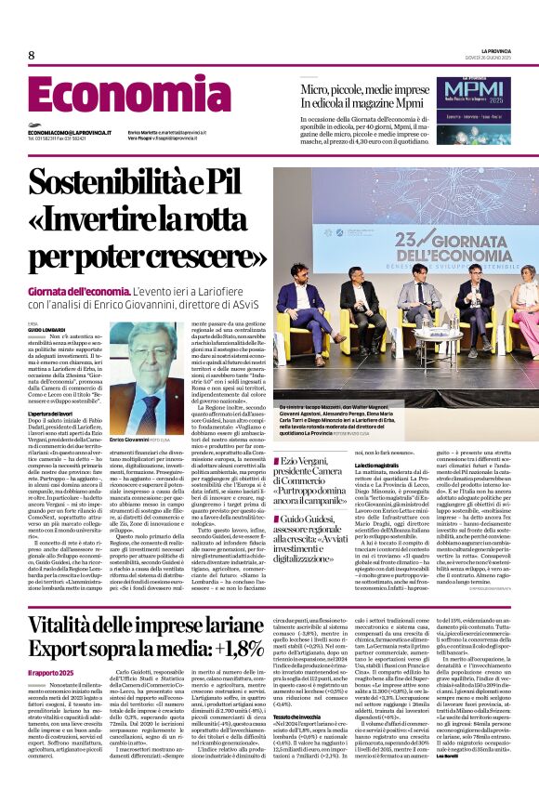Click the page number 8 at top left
point(31,56)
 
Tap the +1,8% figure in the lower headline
point(231,647)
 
